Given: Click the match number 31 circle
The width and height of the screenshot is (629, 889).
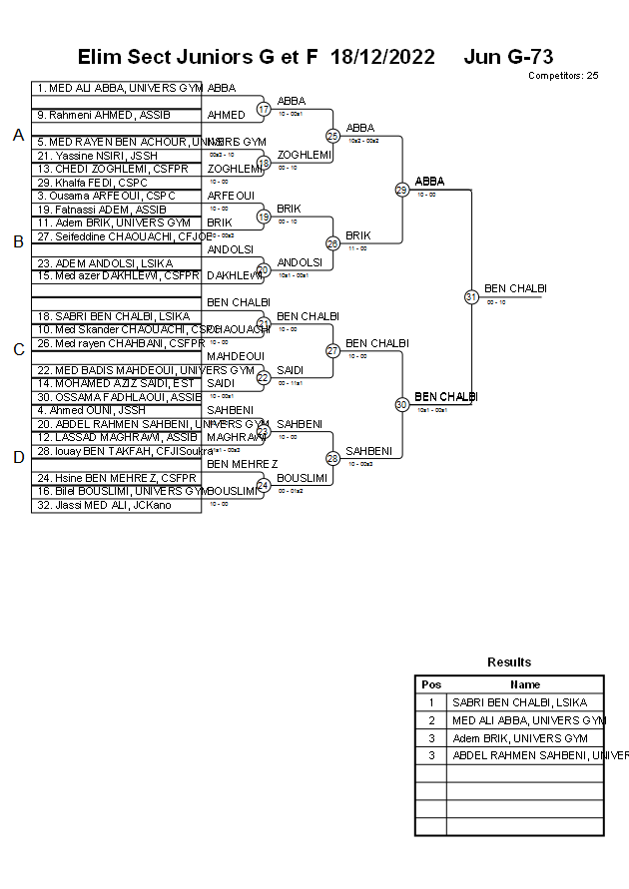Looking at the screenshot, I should (x=471, y=296).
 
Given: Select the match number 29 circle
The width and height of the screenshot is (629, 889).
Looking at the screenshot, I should (x=401, y=190).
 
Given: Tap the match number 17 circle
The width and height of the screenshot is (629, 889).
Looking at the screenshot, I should (x=264, y=109).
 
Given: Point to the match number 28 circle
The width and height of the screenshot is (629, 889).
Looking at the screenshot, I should (x=333, y=458).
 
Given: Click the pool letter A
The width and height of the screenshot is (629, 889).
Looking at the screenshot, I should (x=18, y=135).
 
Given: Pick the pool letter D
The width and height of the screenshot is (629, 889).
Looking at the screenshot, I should (x=18, y=458).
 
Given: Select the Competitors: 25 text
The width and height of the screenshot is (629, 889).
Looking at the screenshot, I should (x=563, y=75).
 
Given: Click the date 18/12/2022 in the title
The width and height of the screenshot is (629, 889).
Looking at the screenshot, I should (x=382, y=57).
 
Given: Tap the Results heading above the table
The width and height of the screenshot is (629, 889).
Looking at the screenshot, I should (x=509, y=662).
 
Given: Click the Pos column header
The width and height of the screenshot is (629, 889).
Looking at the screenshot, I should (x=431, y=684).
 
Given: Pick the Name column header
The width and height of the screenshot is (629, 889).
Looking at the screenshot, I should (x=525, y=684).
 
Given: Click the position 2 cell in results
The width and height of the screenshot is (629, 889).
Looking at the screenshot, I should (x=431, y=720).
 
